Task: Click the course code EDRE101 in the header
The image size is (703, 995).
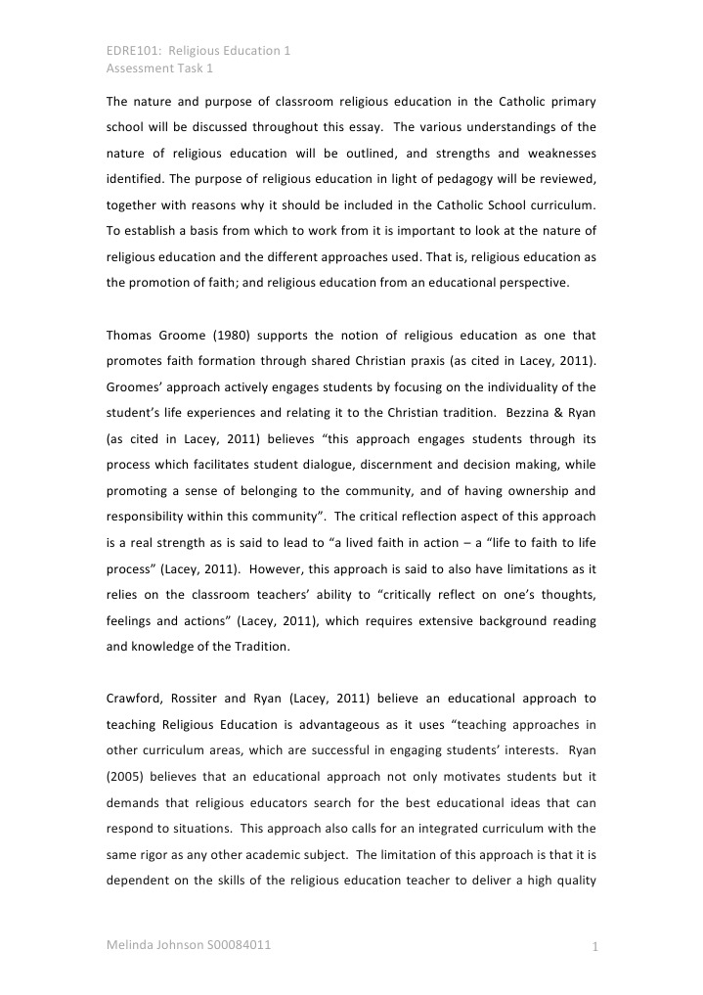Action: [129, 50]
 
